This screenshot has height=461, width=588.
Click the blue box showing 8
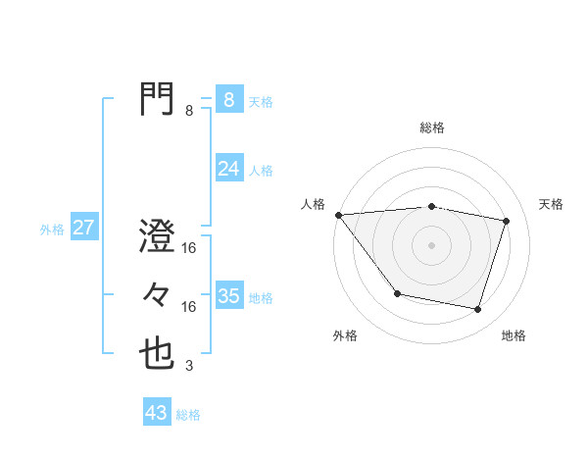tap(228, 100)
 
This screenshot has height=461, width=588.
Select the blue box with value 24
tap(228, 169)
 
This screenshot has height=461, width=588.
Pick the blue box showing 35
tap(228, 295)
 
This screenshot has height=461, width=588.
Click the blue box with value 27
tap(83, 228)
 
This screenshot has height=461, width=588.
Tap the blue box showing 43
tap(157, 413)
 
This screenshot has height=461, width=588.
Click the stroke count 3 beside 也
tap(188, 367)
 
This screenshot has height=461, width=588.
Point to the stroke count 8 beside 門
tap(189, 111)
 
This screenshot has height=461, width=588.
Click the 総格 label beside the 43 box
tap(188, 415)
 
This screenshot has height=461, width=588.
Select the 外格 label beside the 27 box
tap(52, 230)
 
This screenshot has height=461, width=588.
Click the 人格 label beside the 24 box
tap(261, 171)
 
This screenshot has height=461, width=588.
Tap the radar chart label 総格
tap(432, 128)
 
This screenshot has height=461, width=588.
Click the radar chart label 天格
tap(552, 204)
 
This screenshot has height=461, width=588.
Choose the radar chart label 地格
tap(514, 335)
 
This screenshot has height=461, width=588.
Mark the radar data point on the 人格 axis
tap(338, 214)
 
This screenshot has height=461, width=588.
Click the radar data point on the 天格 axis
tap(506, 221)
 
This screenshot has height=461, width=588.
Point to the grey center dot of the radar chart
tap(432, 244)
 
